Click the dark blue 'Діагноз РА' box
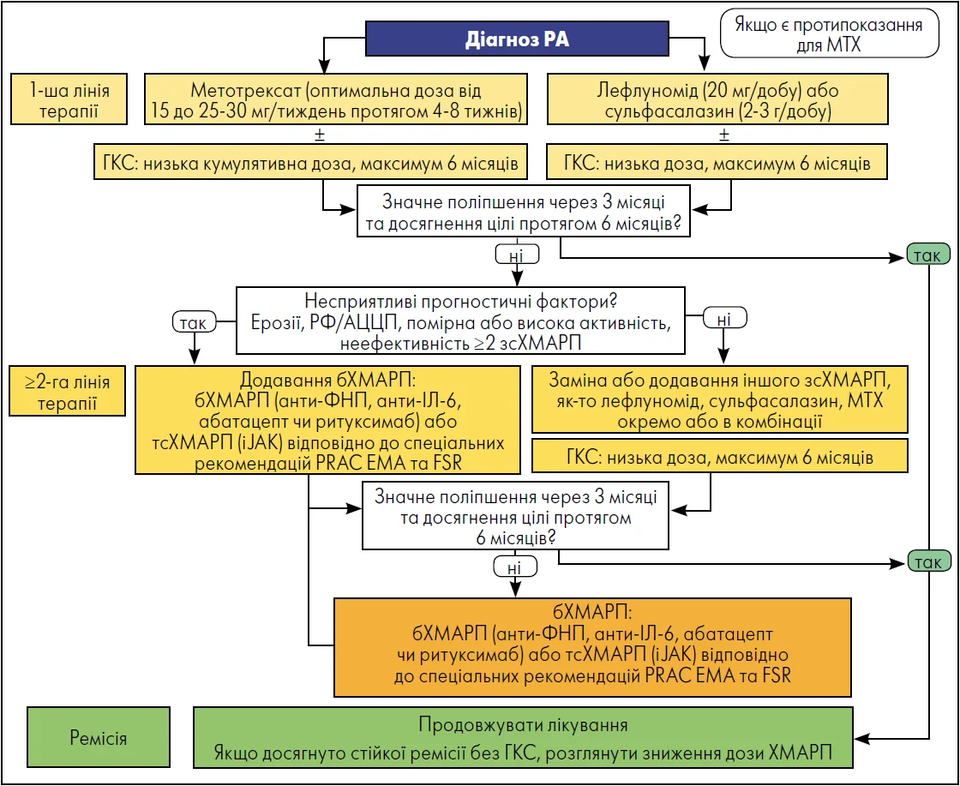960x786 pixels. [x=517, y=39]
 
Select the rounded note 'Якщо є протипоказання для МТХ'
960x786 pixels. [x=828, y=34]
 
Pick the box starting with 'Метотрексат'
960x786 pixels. [x=335, y=100]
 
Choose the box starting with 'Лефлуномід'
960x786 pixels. [x=717, y=100]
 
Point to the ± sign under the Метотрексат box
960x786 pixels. [x=321, y=135]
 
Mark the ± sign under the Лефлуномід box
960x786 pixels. [x=723, y=135]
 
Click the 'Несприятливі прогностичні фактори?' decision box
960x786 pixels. [x=461, y=321]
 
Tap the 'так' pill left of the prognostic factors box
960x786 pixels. [x=195, y=322]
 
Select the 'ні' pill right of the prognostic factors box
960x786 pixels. [x=724, y=319]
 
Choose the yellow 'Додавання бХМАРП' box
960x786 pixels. [x=328, y=419]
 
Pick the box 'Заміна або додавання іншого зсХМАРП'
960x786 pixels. [x=720, y=399]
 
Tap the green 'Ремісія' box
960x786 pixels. [x=99, y=736]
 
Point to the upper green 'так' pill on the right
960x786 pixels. [x=928, y=255]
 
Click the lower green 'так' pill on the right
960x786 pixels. [x=928, y=562]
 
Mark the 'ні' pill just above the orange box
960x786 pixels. [x=515, y=567]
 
